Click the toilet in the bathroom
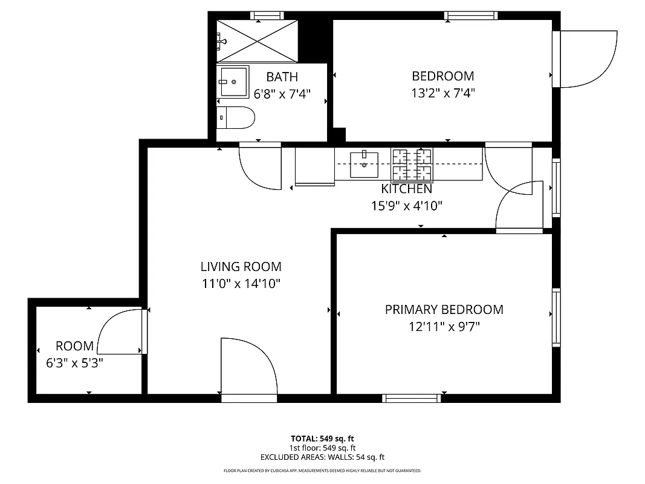pos(236,118)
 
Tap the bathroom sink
pos(233,82)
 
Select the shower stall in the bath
pos(258,41)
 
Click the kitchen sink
pos(365,165)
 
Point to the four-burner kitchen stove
pos(412,165)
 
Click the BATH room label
pos(282,77)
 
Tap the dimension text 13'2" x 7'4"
pos(442,93)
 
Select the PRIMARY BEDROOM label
pos(444,310)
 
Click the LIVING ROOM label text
pos(241,266)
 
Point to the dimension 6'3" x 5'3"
pos(74,363)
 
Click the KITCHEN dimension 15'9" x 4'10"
pos(406,206)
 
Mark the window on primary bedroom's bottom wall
pos(412,397)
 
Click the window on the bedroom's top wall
pos(470,16)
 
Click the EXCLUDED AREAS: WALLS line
pos(322,457)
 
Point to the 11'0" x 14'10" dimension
pos(241,283)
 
